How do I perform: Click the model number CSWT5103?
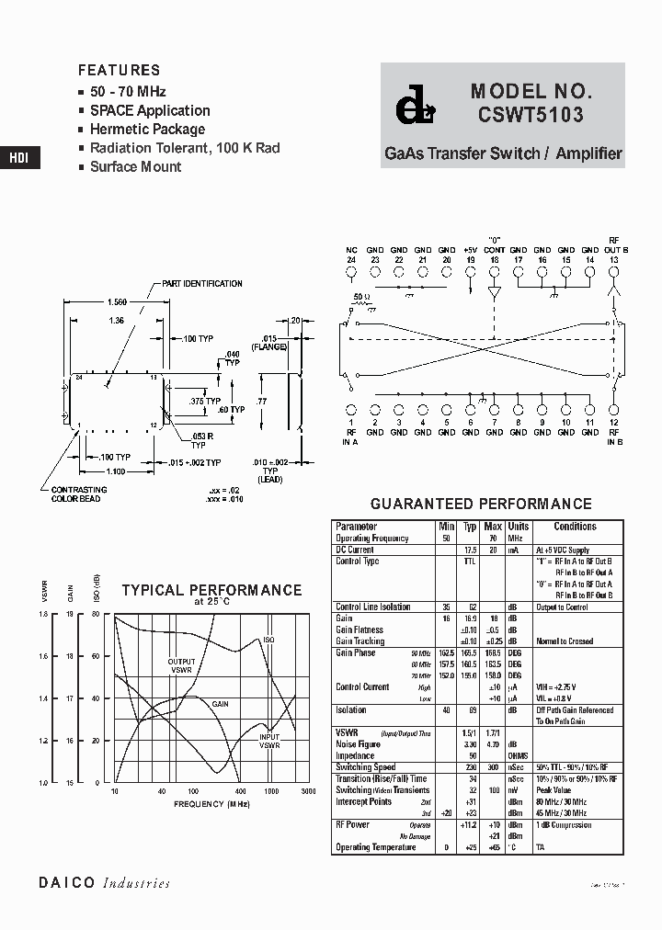coord(530,117)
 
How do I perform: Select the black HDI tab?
coord(19,157)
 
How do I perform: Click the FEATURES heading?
coord(119,70)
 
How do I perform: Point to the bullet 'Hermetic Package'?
coord(147,130)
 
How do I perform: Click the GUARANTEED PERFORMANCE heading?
coord(481,504)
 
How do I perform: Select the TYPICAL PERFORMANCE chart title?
coord(211,590)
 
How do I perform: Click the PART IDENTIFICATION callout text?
coord(202,284)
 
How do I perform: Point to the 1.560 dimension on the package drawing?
coord(117,302)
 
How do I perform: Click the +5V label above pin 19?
coord(470,250)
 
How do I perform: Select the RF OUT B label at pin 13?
coord(614,245)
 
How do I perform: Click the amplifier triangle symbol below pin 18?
coord(494,293)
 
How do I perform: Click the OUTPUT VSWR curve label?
coord(181,665)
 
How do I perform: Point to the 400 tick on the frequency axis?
coord(239,791)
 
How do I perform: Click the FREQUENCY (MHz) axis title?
coord(211,804)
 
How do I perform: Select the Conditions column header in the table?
coord(576,527)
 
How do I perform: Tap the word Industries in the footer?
coord(136,883)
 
